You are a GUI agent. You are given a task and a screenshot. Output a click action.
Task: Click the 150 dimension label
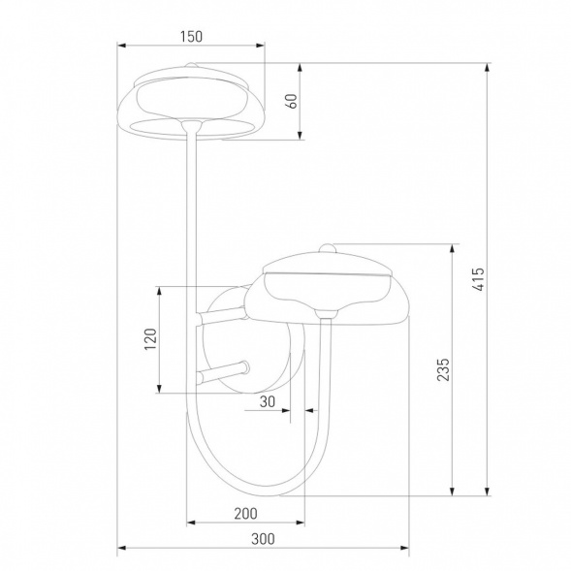coord(190,37)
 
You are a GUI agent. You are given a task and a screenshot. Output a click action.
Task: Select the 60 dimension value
coord(290,102)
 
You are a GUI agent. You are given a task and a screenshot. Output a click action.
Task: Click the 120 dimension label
coord(149,340)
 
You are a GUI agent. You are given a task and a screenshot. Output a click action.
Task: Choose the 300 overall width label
coord(262,538)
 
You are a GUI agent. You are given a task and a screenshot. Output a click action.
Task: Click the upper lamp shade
coord(190,102)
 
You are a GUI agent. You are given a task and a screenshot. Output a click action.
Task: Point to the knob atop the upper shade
coord(191,66)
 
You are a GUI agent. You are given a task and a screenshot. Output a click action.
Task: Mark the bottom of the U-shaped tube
coord(247,492)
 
